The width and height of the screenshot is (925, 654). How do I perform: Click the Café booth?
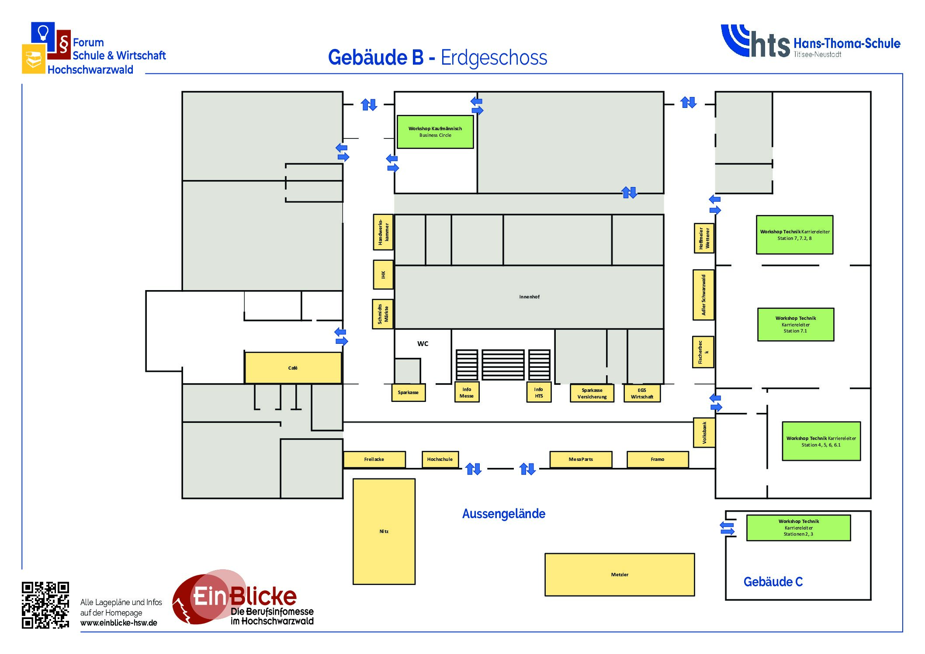(x=293, y=368)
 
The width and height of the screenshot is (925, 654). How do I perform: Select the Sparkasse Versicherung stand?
(x=592, y=393)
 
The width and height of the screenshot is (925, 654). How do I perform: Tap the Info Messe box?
(x=467, y=392)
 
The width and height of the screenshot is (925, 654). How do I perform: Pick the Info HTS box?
(x=539, y=392)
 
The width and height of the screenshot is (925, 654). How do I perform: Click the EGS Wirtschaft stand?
(x=641, y=393)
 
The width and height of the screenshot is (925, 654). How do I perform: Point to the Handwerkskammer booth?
(x=383, y=232)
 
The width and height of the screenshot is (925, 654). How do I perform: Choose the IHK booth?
(x=383, y=275)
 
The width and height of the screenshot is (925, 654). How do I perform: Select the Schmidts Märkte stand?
(x=383, y=314)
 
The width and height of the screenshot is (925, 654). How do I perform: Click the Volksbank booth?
(x=704, y=433)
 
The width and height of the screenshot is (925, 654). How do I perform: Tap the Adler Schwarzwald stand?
(x=703, y=295)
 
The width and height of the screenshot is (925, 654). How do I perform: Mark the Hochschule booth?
(x=440, y=459)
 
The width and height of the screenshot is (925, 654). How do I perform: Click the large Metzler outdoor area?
(x=619, y=574)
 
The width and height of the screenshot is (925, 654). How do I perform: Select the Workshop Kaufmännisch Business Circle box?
(x=435, y=132)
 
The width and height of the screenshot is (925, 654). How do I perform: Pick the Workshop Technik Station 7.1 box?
(x=795, y=325)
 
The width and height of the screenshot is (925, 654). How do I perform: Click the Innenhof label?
(x=529, y=297)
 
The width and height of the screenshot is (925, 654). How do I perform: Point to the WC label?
(x=423, y=344)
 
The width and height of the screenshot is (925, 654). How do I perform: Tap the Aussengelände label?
(x=503, y=514)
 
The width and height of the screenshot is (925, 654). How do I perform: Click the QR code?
(x=45, y=605)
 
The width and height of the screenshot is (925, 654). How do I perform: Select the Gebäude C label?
(x=773, y=582)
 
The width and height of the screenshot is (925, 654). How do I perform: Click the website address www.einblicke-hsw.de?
(x=118, y=623)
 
